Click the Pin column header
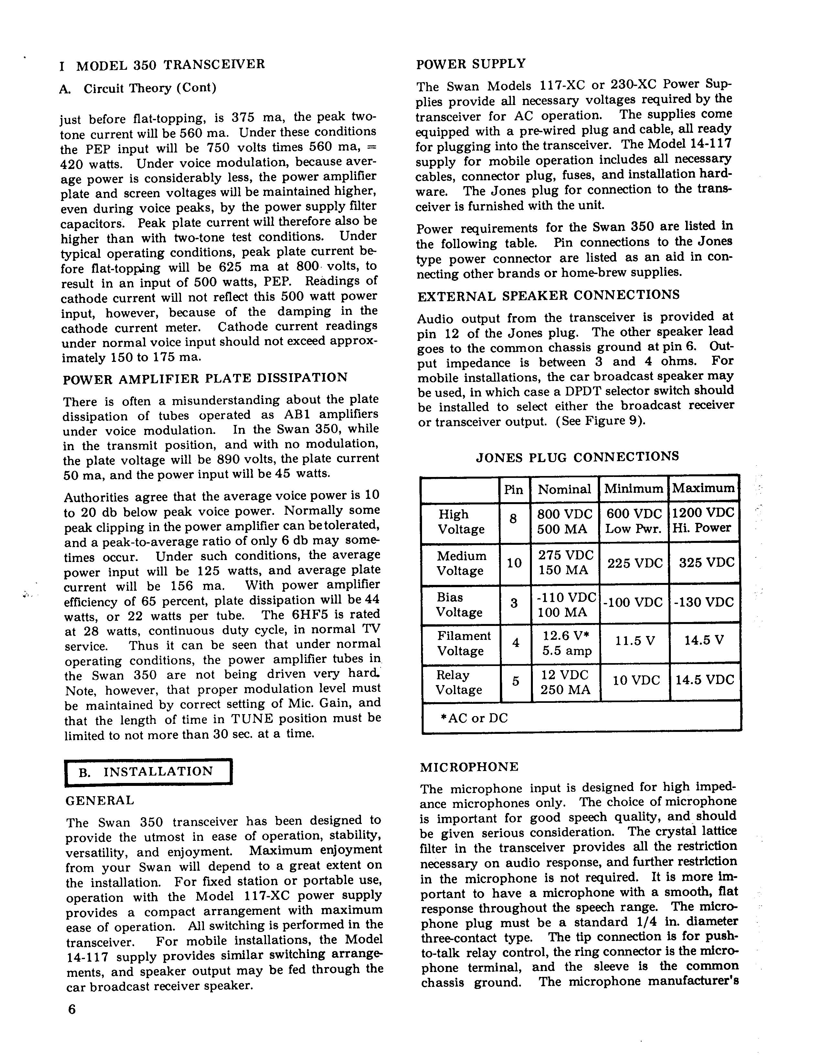513,490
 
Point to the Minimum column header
633,489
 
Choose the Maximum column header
703,488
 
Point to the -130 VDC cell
704,603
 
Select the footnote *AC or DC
474,718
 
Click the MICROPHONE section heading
469,767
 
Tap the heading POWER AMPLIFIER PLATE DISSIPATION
205,378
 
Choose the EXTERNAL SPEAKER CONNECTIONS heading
549,295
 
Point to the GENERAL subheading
100,800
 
